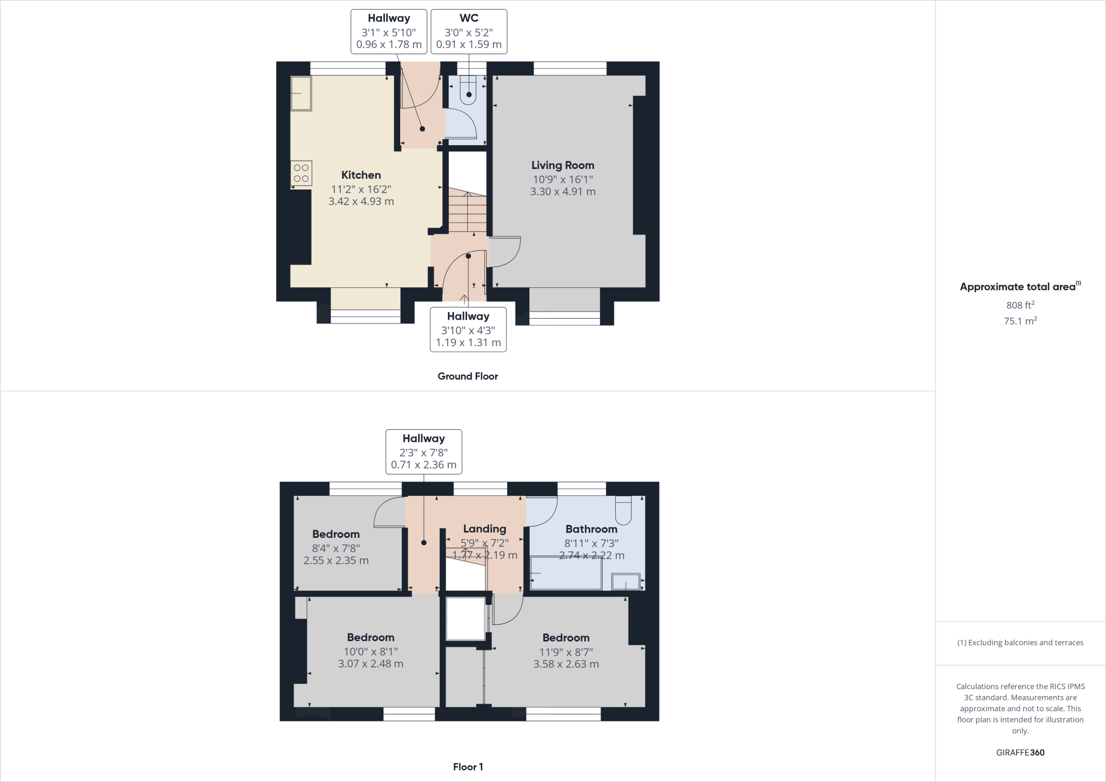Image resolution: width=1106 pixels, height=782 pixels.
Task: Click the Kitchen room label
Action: click(x=361, y=175)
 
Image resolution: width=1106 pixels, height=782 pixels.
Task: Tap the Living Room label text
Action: click(x=562, y=165)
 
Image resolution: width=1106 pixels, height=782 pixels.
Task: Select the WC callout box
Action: click(x=468, y=31)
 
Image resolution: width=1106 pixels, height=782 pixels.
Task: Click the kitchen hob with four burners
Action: click(x=301, y=173)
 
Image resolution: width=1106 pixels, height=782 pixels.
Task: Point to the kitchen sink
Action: click(x=301, y=93)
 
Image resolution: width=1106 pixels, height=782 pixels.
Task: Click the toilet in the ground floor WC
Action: click(x=469, y=90)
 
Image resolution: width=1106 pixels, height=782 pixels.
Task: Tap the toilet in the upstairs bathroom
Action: click(x=623, y=510)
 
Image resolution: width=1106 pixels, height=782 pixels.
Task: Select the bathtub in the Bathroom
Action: click(x=565, y=574)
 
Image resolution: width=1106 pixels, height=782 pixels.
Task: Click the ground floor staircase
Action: click(x=467, y=211)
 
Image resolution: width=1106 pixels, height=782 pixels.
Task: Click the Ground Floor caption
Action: click(x=468, y=376)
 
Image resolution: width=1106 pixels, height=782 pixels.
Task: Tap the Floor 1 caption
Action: click(x=468, y=767)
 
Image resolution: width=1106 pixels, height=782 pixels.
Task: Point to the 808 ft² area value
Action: click(x=1020, y=305)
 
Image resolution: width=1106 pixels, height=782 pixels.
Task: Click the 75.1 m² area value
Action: click(x=1020, y=321)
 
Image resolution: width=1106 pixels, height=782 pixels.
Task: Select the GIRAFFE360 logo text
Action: click(x=1020, y=752)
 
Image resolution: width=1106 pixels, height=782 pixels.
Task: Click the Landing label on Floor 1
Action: click(x=484, y=529)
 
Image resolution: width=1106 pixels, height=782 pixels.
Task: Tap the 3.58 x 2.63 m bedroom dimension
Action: click(x=565, y=664)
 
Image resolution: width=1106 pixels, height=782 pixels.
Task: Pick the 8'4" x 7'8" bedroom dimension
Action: click(x=335, y=548)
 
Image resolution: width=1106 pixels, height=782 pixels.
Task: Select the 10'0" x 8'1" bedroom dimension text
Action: click(x=370, y=651)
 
